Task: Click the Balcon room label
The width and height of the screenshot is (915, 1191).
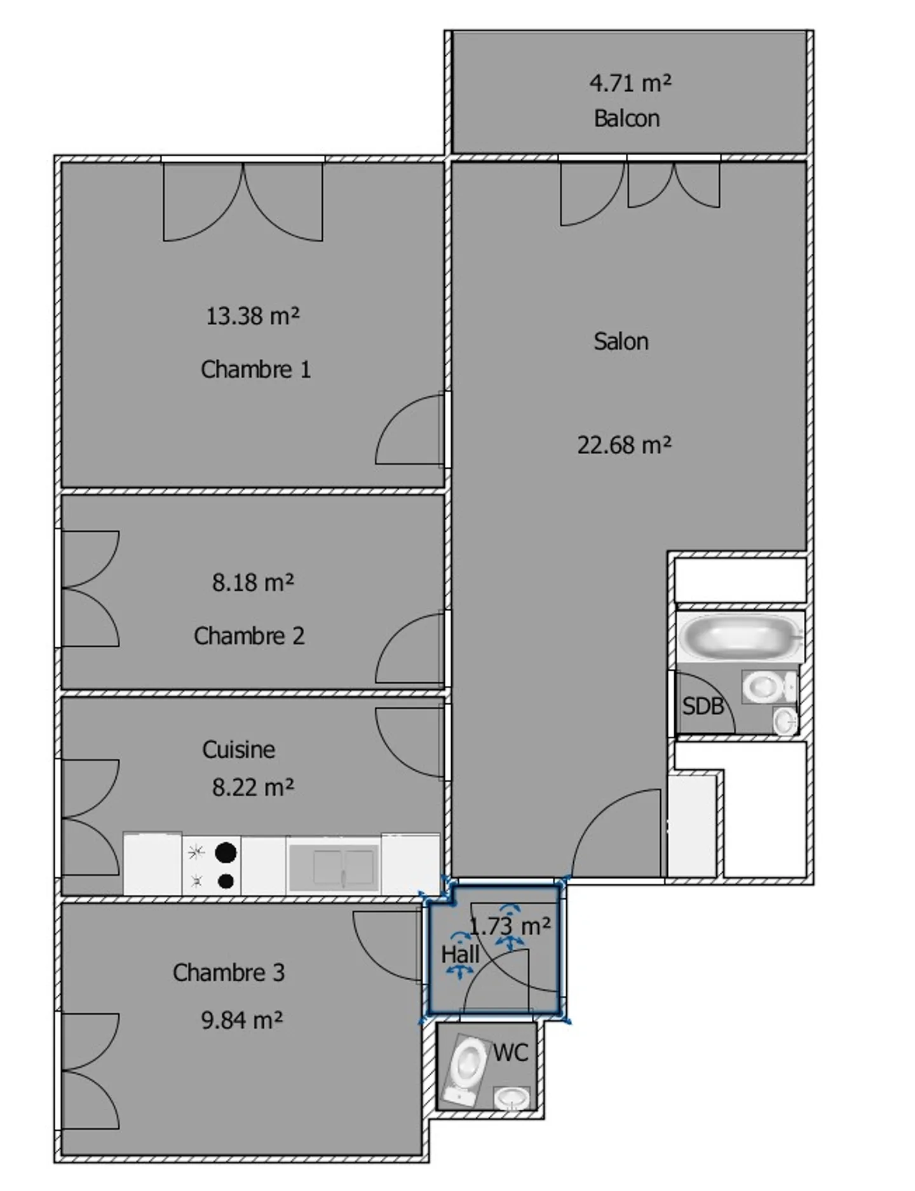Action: pos(627,119)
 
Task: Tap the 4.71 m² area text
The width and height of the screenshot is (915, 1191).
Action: pos(630,83)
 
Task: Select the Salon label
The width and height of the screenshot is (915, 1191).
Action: pos(621,342)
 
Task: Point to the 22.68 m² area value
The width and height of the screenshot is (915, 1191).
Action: pos(624,445)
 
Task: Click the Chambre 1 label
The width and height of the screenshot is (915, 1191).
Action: pos(255,370)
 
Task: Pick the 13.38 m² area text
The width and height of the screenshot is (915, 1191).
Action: pos(252,316)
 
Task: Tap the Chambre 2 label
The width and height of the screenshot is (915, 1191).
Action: pos(249,636)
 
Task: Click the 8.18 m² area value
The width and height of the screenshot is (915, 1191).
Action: pos(253,582)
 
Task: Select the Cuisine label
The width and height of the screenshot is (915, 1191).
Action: pos(238,750)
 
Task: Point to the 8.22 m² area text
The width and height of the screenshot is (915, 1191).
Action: pos(253,788)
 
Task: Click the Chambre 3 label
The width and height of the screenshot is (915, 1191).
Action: pos(229,972)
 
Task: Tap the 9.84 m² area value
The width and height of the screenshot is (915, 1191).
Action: pos(241,1020)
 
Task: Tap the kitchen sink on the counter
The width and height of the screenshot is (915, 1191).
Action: pos(334,867)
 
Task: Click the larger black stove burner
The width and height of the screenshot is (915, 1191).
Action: pos(226,852)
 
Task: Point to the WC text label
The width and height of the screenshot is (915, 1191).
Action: pos(510,1053)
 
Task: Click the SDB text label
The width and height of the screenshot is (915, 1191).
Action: pos(702,706)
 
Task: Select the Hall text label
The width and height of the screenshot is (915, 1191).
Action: pos(460,954)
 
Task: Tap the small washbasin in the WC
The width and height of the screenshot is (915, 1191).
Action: pos(512,1097)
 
